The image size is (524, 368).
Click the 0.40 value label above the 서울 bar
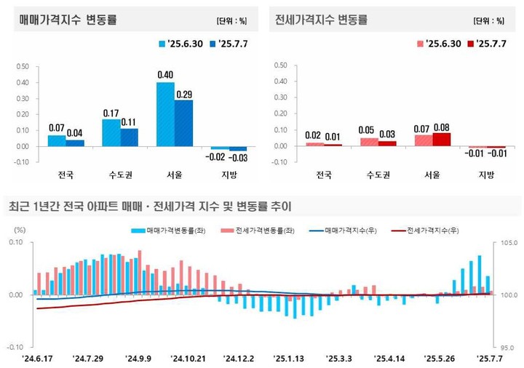[165, 75]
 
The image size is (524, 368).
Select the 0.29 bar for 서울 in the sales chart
[183, 123]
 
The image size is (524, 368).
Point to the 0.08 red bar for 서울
[441, 139]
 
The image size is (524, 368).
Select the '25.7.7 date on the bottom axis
[488, 359]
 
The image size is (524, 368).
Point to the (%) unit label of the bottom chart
[20, 230]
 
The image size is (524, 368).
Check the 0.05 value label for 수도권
[368, 130]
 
